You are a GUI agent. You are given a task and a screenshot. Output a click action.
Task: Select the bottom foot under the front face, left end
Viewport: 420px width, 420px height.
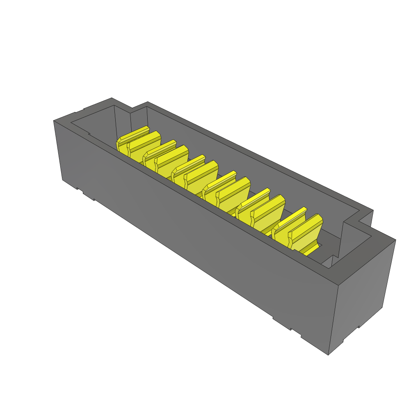pyautogui.click(x=88, y=195)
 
